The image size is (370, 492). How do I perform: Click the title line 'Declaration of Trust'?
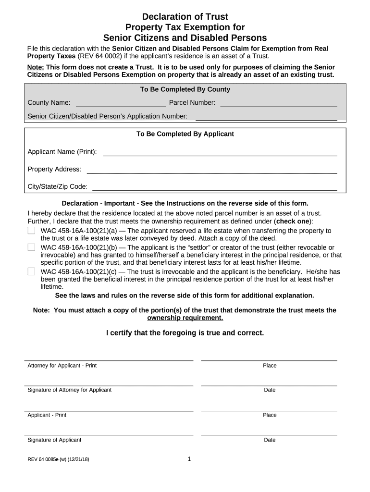[x=185, y=17]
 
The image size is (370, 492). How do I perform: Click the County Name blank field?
[x=121, y=102]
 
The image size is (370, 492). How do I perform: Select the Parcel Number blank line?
[x=278, y=102]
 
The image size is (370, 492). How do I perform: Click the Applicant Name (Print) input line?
[x=220, y=152]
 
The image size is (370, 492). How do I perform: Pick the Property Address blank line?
[x=211, y=169]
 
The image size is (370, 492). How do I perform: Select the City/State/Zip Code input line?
[x=214, y=186]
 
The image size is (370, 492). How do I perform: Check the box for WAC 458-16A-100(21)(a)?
[x=31, y=231]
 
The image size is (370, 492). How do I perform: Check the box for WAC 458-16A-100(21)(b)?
[x=31, y=247]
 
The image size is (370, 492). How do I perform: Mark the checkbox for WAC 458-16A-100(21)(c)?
[x=31, y=271]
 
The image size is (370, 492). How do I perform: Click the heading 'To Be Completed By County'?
[x=185, y=89]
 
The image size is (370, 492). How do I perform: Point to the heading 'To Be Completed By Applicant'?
[x=185, y=134]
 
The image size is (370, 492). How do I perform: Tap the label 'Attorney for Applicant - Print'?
[x=62, y=366]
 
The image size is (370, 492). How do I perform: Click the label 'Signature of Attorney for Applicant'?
[x=69, y=390]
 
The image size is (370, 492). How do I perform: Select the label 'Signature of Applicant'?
[x=54, y=440]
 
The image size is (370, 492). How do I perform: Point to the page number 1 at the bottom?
[x=189, y=459]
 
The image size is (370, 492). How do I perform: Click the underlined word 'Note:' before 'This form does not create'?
[x=36, y=67]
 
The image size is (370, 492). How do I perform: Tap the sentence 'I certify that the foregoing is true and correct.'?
[x=185, y=332]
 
